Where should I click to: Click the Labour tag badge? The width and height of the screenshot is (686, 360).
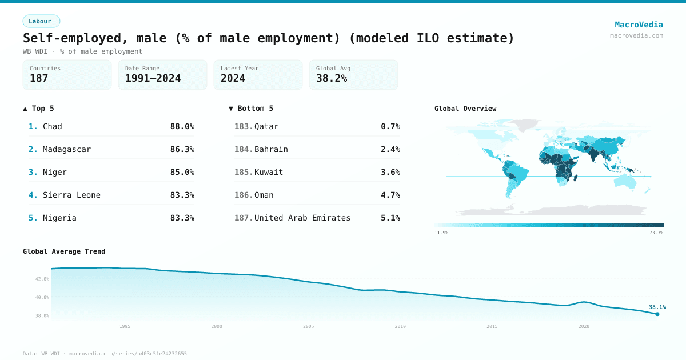click(x=41, y=21)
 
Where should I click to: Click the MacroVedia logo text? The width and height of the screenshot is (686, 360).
click(x=639, y=25)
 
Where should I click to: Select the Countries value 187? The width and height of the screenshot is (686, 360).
click(x=39, y=78)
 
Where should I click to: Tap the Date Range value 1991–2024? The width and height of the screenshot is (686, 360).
click(x=153, y=78)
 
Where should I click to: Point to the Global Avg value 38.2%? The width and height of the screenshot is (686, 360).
click(x=332, y=78)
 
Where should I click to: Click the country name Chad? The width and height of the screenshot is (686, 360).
click(x=53, y=126)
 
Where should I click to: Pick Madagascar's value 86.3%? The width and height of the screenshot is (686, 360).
click(x=182, y=149)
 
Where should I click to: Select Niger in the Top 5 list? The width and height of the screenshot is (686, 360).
click(x=55, y=172)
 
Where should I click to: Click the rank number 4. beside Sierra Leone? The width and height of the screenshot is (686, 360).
click(x=33, y=195)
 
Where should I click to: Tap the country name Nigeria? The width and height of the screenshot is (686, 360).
click(x=59, y=218)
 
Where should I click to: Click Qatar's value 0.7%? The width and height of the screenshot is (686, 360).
click(x=390, y=126)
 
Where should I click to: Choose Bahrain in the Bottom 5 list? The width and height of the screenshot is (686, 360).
click(x=271, y=149)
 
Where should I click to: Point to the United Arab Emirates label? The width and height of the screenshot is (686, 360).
click(x=302, y=218)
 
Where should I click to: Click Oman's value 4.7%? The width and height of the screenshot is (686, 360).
click(x=390, y=195)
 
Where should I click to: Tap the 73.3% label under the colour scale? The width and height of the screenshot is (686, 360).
click(x=656, y=233)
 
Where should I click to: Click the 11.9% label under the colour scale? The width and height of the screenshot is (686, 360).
click(x=441, y=233)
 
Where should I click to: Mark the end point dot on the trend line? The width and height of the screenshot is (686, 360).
click(x=657, y=314)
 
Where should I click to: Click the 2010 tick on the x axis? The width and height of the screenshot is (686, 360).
click(x=400, y=326)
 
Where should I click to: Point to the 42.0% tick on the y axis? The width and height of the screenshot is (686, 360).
click(x=42, y=279)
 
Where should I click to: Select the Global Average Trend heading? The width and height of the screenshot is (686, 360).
click(x=64, y=251)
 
